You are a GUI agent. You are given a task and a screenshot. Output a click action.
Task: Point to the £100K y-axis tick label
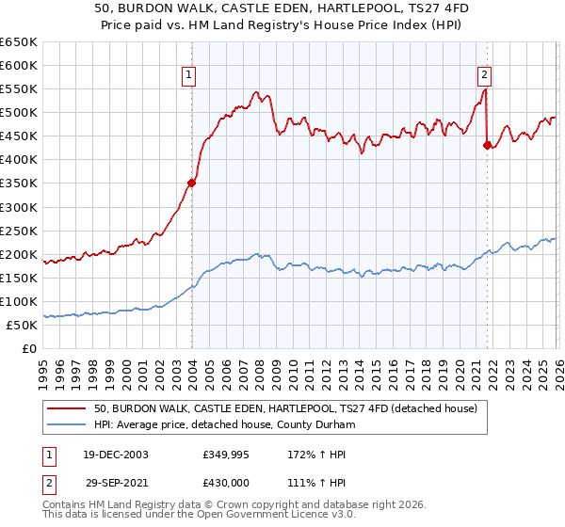click(19, 301)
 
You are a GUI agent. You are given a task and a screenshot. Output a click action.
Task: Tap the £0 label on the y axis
click(29, 348)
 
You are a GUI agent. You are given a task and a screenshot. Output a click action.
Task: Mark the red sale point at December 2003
click(191, 183)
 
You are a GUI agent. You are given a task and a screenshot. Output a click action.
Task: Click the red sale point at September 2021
click(487, 145)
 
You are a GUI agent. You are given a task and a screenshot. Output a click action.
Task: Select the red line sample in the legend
click(66, 408)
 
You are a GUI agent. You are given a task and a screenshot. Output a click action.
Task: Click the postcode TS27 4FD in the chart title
click(384, 8)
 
